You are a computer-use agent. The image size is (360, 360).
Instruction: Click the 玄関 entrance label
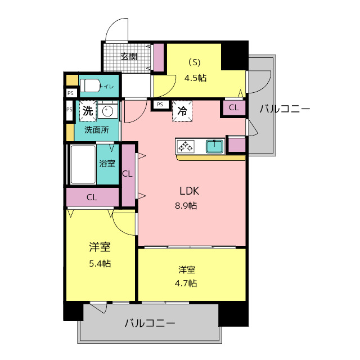click(129, 56)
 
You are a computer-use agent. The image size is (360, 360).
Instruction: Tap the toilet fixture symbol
click(90, 85)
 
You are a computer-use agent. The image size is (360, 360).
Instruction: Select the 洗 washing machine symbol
click(88, 111)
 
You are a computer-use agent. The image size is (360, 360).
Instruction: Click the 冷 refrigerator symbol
click(182, 111)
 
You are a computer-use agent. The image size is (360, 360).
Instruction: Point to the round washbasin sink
click(108, 111)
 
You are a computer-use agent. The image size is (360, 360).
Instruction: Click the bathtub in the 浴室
click(83, 164)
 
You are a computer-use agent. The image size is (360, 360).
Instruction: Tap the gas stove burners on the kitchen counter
click(186, 147)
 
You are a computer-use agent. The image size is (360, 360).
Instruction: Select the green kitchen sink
click(214, 147)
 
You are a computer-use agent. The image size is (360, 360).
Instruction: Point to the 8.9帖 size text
click(186, 205)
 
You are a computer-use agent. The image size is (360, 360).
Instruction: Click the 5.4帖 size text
click(99, 263)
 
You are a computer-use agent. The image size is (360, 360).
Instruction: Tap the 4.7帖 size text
click(186, 283)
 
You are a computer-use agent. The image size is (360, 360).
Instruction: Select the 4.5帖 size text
click(195, 78)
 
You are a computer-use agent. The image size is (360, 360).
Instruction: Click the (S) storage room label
click(194, 62)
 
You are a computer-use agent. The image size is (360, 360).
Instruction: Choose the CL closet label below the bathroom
click(92, 197)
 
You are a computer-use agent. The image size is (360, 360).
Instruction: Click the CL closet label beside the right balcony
click(233, 107)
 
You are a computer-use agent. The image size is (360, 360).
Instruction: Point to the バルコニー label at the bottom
click(150, 323)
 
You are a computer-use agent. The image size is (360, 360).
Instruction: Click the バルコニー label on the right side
click(285, 109)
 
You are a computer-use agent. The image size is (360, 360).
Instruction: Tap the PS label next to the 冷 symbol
click(160, 104)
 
